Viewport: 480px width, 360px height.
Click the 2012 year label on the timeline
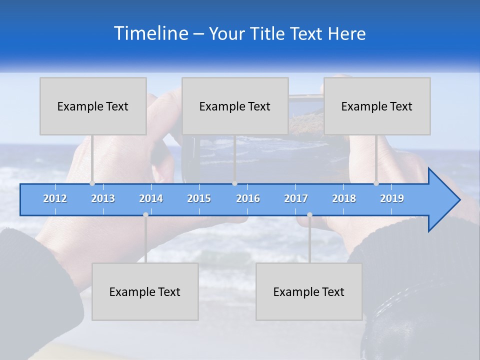click(55, 198)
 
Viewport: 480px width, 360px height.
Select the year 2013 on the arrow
click(103, 198)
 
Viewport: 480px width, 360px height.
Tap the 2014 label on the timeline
click(151, 198)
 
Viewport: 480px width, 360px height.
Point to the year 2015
click(199, 198)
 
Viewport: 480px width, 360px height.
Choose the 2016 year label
click(248, 198)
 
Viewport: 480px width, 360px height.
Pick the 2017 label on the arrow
click(296, 198)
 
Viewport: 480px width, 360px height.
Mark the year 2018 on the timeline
click(344, 198)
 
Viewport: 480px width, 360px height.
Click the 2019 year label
click(392, 198)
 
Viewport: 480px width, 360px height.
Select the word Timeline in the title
click(150, 33)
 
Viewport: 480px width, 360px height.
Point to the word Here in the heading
click(346, 33)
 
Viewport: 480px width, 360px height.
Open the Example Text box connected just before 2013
click(93, 106)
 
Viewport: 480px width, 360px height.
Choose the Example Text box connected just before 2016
click(235, 106)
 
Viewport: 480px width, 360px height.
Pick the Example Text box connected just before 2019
click(377, 106)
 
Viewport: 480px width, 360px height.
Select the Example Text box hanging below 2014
click(145, 291)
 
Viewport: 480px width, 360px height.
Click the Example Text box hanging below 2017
click(309, 291)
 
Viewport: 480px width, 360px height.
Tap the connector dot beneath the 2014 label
click(145, 214)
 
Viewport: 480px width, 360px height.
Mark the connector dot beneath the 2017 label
click(309, 214)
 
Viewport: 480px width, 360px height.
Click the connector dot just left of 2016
click(234, 183)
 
